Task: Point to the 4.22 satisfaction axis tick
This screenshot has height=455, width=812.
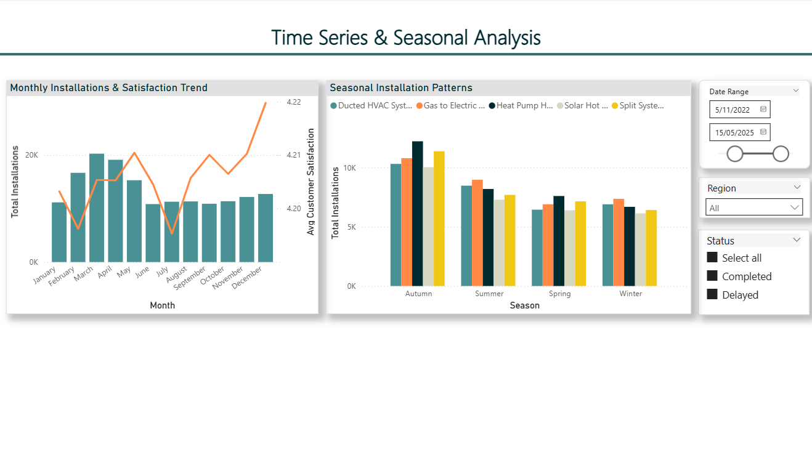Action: pyautogui.click(x=294, y=102)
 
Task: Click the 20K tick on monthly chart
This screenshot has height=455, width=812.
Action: pyautogui.click(x=31, y=155)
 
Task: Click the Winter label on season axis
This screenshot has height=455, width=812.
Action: pyautogui.click(x=631, y=294)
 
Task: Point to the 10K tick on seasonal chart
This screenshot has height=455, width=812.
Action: pyautogui.click(x=350, y=168)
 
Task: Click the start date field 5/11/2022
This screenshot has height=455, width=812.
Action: pyautogui.click(x=733, y=110)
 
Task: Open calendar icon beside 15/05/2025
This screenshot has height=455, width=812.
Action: pyautogui.click(x=763, y=132)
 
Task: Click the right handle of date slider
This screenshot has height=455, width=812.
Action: pyautogui.click(x=781, y=154)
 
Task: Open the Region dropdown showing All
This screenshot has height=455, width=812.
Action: pyautogui.click(x=754, y=207)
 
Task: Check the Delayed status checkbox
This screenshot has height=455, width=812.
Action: pyautogui.click(x=712, y=294)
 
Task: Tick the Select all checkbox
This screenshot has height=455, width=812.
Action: pyautogui.click(x=712, y=257)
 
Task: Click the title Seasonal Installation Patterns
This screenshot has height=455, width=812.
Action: pyautogui.click(x=401, y=88)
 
